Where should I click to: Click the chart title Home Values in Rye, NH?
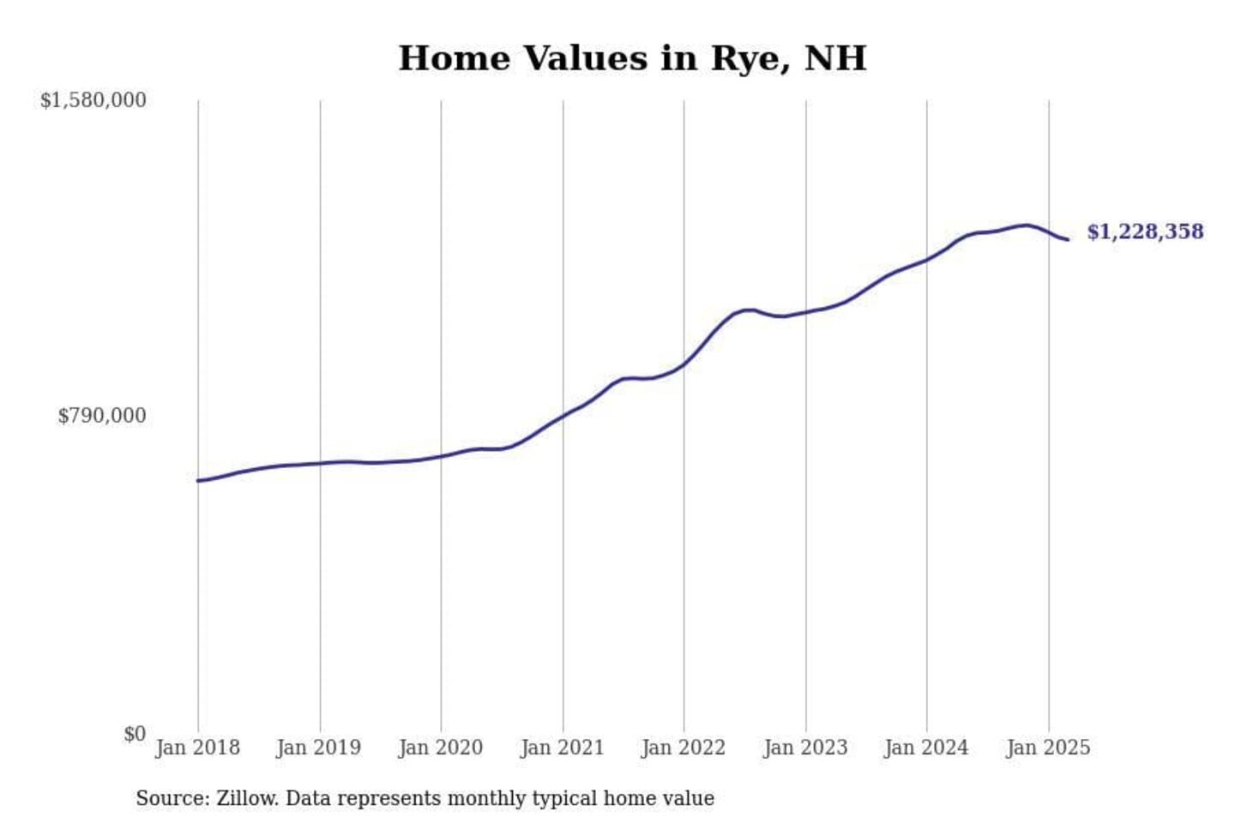[632, 58]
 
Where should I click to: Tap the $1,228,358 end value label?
[1144, 231]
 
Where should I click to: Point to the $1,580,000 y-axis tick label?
[93, 100]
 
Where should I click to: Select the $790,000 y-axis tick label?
[101, 416]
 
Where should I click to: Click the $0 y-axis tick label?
[134, 734]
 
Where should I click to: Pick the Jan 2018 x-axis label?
[197, 748]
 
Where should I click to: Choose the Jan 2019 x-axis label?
[318, 748]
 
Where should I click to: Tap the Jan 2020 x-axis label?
[440, 748]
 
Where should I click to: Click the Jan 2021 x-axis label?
[562, 748]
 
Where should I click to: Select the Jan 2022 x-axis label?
[683, 748]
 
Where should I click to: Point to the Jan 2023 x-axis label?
[804, 748]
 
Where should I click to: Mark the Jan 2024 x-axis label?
[925, 748]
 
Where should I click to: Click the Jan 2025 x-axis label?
[1047, 748]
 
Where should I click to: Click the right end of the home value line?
[1067, 239]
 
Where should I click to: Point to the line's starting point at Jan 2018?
[198, 480]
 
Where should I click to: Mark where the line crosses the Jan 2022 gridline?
[684, 364]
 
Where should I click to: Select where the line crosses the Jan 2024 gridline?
[926, 259]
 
